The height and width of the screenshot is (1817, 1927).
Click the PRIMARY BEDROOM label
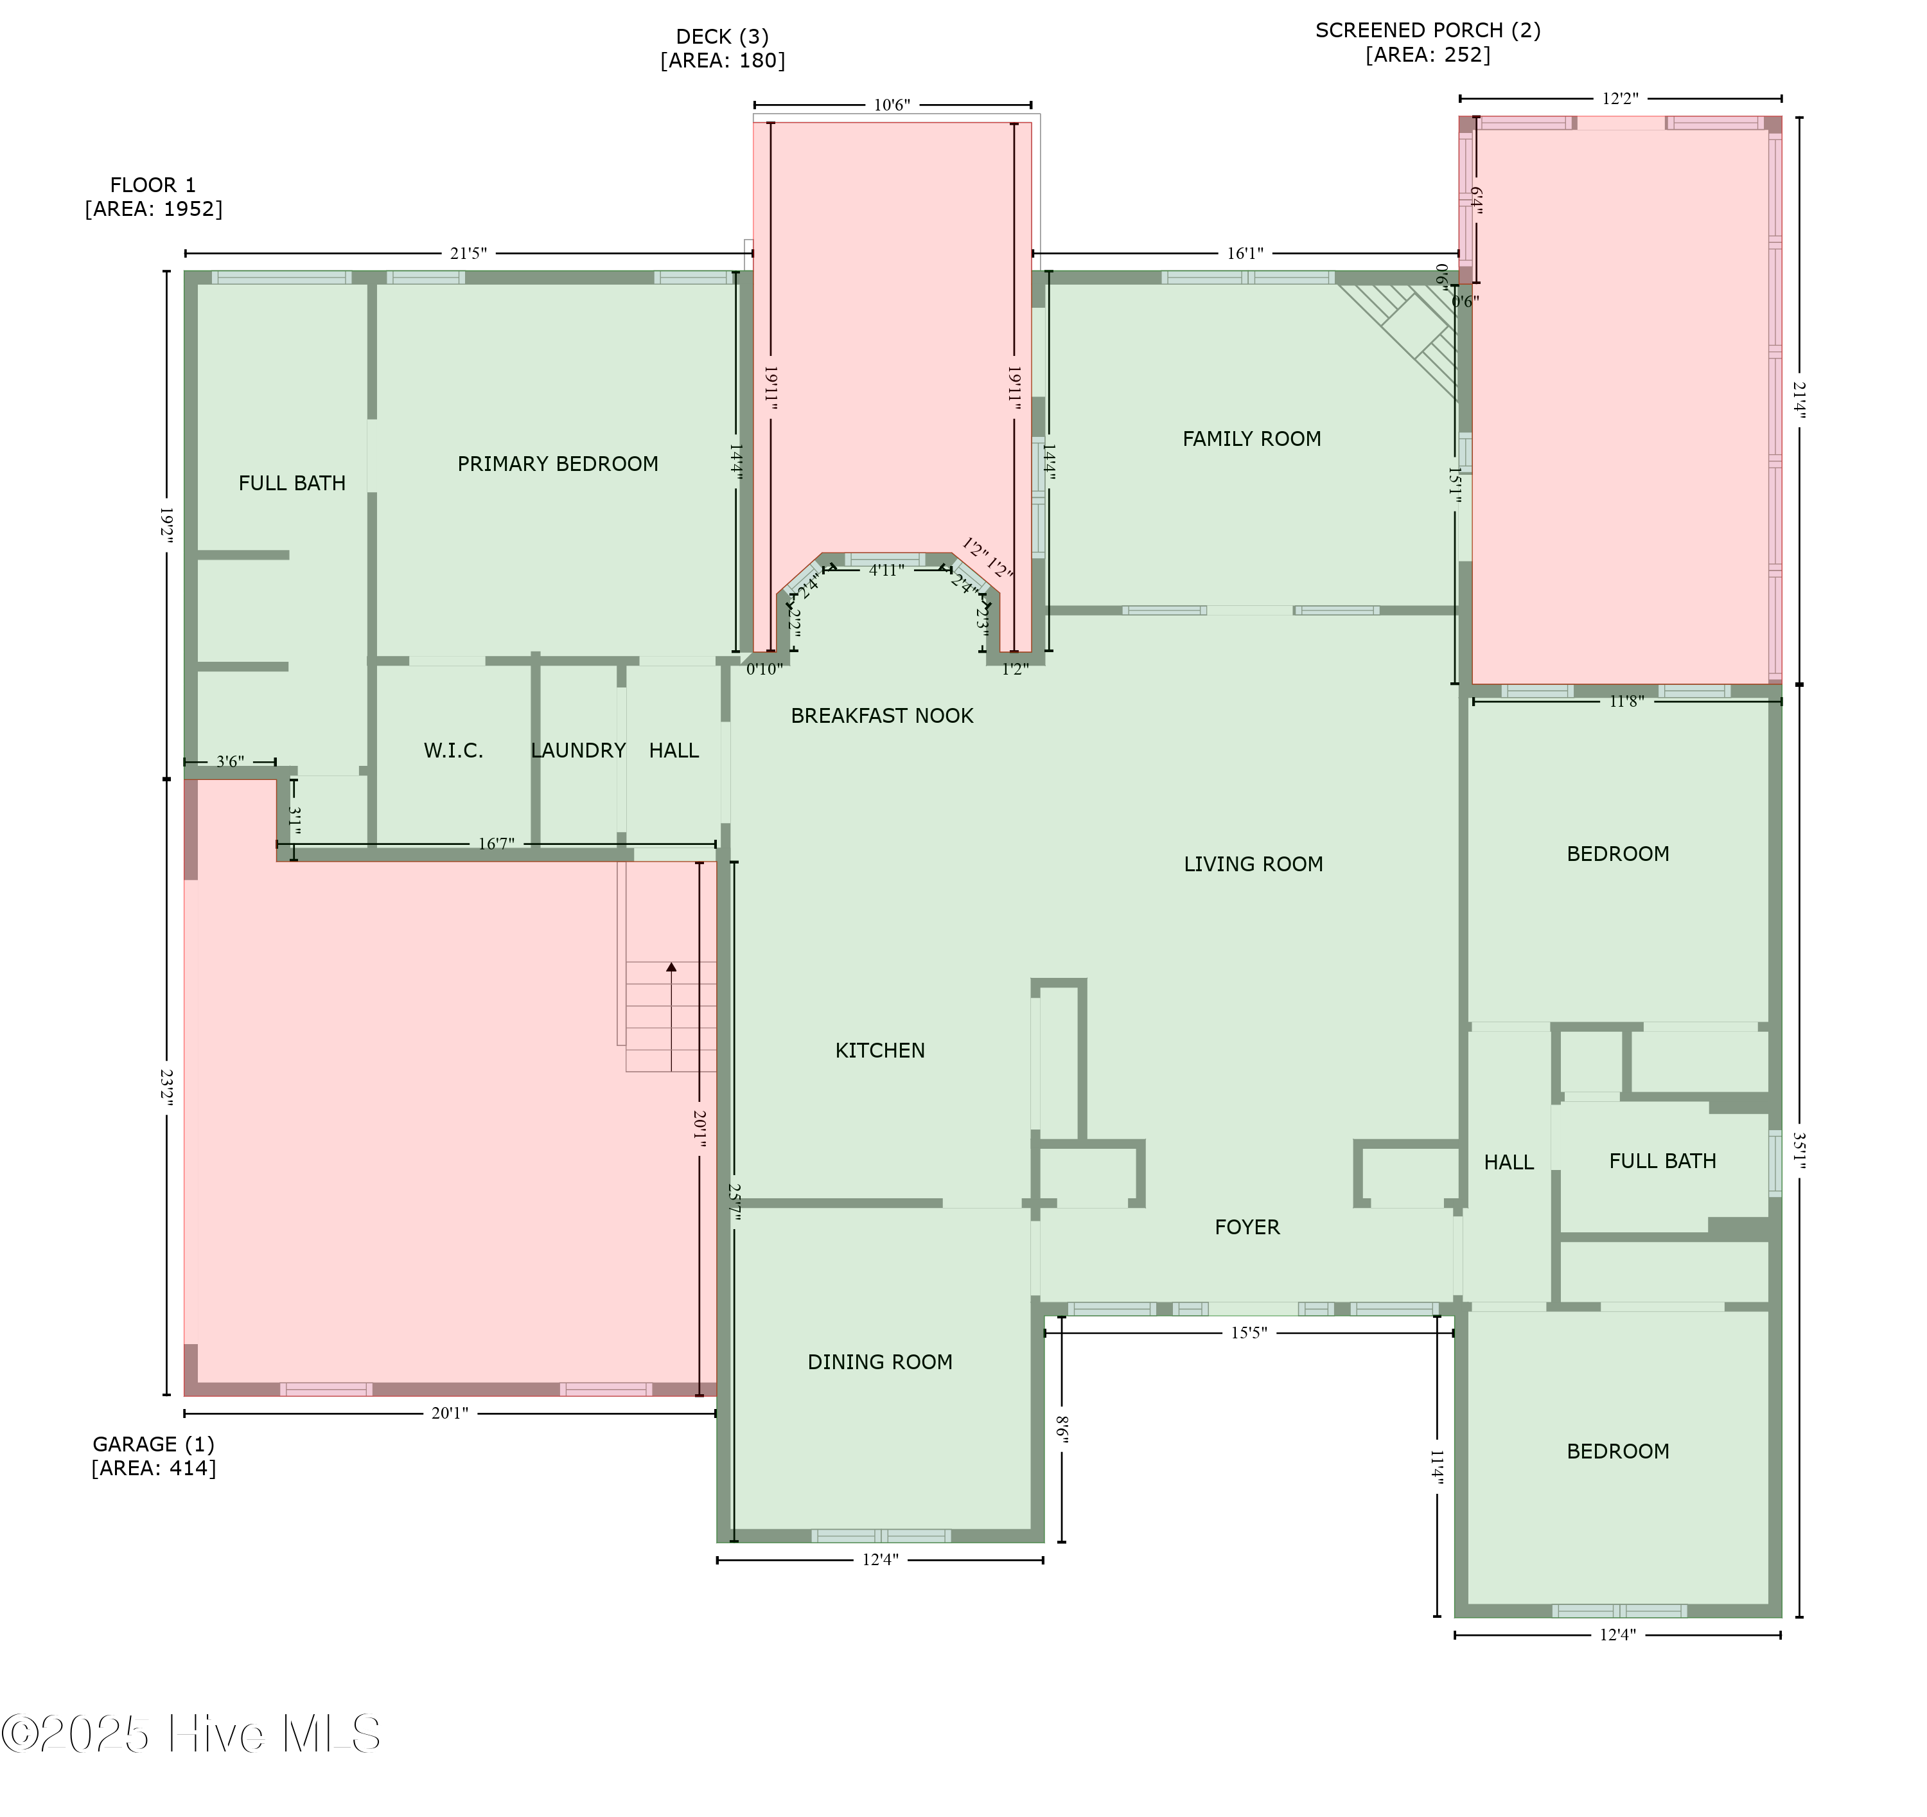[x=558, y=465]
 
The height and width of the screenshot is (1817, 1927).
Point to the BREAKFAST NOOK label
[x=882, y=716]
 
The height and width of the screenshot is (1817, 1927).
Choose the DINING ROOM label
[x=880, y=1362]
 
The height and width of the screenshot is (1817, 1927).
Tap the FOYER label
[x=1247, y=1227]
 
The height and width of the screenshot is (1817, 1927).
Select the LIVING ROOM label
[x=1253, y=864]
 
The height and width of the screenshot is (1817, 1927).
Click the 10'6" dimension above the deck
[x=892, y=105]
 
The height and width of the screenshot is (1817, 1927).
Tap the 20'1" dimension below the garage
[x=450, y=1414]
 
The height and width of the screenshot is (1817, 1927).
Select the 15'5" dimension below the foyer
[x=1249, y=1333]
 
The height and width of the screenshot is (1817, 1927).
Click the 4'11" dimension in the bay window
[x=886, y=570]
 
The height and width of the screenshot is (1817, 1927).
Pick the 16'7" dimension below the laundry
[x=497, y=844]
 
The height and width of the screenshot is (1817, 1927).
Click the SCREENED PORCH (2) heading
[x=1428, y=30]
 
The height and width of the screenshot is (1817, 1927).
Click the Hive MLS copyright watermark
[x=191, y=1733]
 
